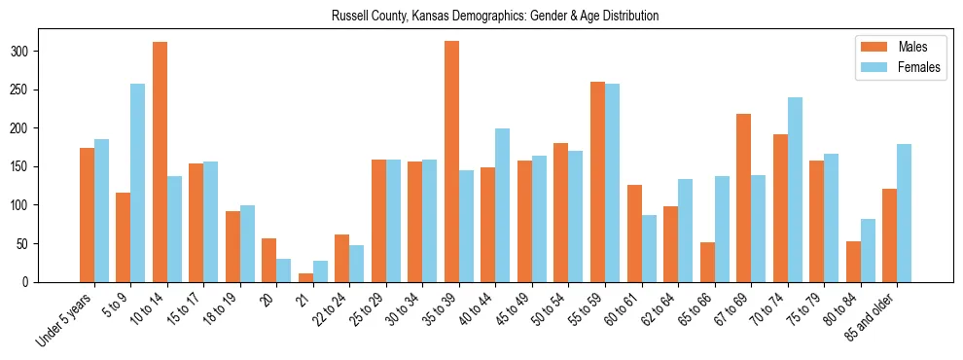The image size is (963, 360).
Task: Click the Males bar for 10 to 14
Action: click(x=160, y=162)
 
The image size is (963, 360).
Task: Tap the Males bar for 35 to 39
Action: click(x=451, y=162)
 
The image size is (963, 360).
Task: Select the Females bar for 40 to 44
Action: click(x=503, y=205)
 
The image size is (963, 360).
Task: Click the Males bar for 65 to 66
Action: click(x=707, y=263)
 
